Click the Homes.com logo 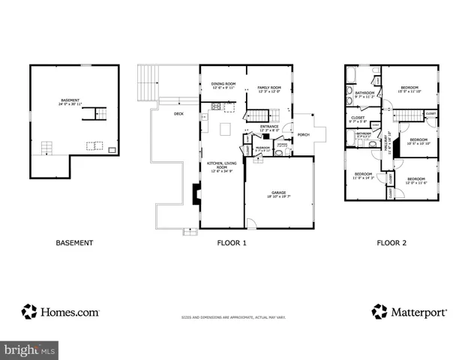click(x=60, y=311)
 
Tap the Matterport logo click(x=409, y=311)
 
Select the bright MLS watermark click(x=30, y=349)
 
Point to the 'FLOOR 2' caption click(x=392, y=243)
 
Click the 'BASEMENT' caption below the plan click(x=75, y=243)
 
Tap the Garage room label click(x=279, y=194)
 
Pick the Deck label click(x=178, y=114)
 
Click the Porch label click(x=304, y=135)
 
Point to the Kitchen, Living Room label click(x=220, y=166)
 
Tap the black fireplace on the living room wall click(x=196, y=195)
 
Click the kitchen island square click(x=223, y=129)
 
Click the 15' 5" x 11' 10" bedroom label click(x=409, y=89)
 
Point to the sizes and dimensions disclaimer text click(x=233, y=317)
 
